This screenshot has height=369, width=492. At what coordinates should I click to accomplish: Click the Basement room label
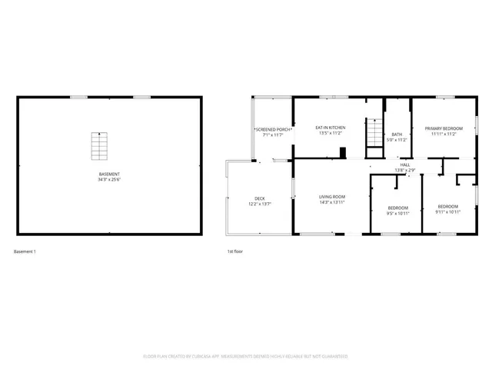pos(109,174)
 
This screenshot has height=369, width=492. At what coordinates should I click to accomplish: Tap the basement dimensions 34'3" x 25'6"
pos(109,180)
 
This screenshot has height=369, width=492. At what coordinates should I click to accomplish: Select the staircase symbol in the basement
pos(97,144)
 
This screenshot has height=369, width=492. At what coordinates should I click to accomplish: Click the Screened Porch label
pos(273,129)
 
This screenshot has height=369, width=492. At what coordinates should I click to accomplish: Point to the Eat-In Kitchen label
pos(331,127)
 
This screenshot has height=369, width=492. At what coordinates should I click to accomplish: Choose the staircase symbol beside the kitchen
pos(374,131)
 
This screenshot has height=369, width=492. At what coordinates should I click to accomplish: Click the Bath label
pos(397,134)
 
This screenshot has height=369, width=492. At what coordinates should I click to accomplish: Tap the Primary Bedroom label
pos(444,128)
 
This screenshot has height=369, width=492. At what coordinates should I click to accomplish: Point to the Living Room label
pos(332,197)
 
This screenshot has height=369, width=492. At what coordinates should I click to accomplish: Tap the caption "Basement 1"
pos(25,251)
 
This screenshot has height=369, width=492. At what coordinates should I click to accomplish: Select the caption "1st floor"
pos(234,251)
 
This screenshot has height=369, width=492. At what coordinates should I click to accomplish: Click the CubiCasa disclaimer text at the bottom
pos(246,357)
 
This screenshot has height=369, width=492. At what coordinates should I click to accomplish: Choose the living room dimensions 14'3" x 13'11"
pos(332,203)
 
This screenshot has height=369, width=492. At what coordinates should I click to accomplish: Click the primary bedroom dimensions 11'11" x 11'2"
pos(444,134)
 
